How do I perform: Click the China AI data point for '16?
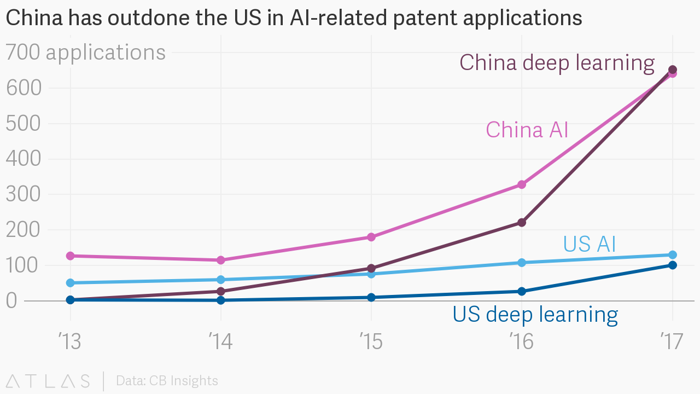click(x=522, y=184)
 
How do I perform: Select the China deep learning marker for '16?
click(x=522, y=222)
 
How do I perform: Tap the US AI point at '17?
click(x=673, y=255)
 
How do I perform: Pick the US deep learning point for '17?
click(x=673, y=265)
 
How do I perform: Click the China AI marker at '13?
click(x=70, y=256)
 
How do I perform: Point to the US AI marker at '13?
click(x=70, y=283)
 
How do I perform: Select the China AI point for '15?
click(x=371, y=237)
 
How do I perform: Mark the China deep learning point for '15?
click(x=371, y=269)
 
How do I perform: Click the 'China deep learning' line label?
click(x=557, y=63)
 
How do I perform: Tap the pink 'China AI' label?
click(x=527, y=130)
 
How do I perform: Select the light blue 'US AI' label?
click(x=589, y=244)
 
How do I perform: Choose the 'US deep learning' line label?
click(x=535, y=315)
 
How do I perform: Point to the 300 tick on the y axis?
click(x=24, y=194)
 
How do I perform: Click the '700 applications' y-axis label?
click(x=85, y=53)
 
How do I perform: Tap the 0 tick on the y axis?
click(x=13, y=300)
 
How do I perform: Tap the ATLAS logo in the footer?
click(x=48, y=381)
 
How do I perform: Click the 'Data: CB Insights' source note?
click(x=167, y=381)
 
